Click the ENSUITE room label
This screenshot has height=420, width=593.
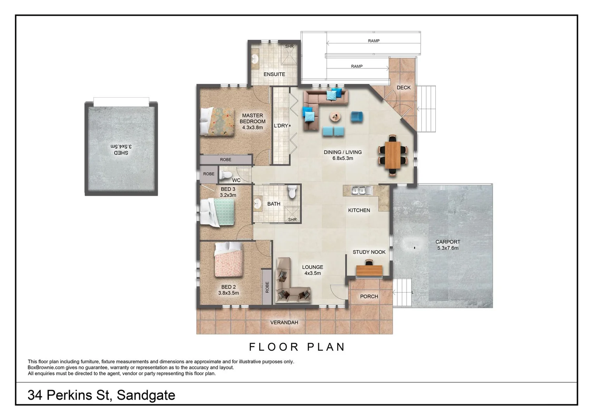tap(274, 74)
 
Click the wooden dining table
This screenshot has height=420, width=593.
tap(393, 155)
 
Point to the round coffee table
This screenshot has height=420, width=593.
tap(336, 116)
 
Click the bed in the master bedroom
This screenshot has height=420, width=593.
tap(217, 122)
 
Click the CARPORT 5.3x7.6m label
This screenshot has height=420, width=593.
tap(447, 245)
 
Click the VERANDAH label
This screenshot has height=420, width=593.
tap(284, 322)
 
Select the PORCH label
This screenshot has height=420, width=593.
tap(369, 296)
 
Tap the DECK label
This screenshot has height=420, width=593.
tap(403, 87)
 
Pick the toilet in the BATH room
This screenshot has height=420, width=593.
tap(292, 192)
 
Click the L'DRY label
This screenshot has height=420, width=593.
tap(281, 126)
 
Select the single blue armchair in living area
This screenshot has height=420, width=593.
tap(357, 116)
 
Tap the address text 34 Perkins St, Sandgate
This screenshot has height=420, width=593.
tap(101, 395)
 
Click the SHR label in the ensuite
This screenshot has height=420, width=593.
tap(289, 46)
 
